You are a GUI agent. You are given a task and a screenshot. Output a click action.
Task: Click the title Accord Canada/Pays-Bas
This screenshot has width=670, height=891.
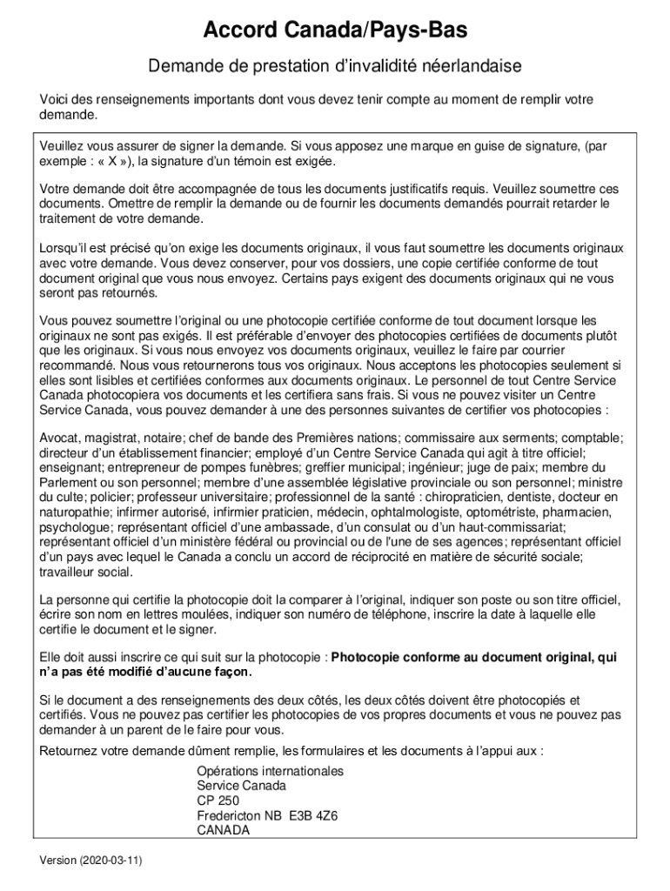335,32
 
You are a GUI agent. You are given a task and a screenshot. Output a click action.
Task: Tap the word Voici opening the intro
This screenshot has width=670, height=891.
55,99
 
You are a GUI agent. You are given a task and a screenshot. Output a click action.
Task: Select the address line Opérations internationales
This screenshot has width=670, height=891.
270,771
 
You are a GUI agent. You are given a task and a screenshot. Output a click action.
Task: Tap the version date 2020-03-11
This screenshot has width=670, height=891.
109,860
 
